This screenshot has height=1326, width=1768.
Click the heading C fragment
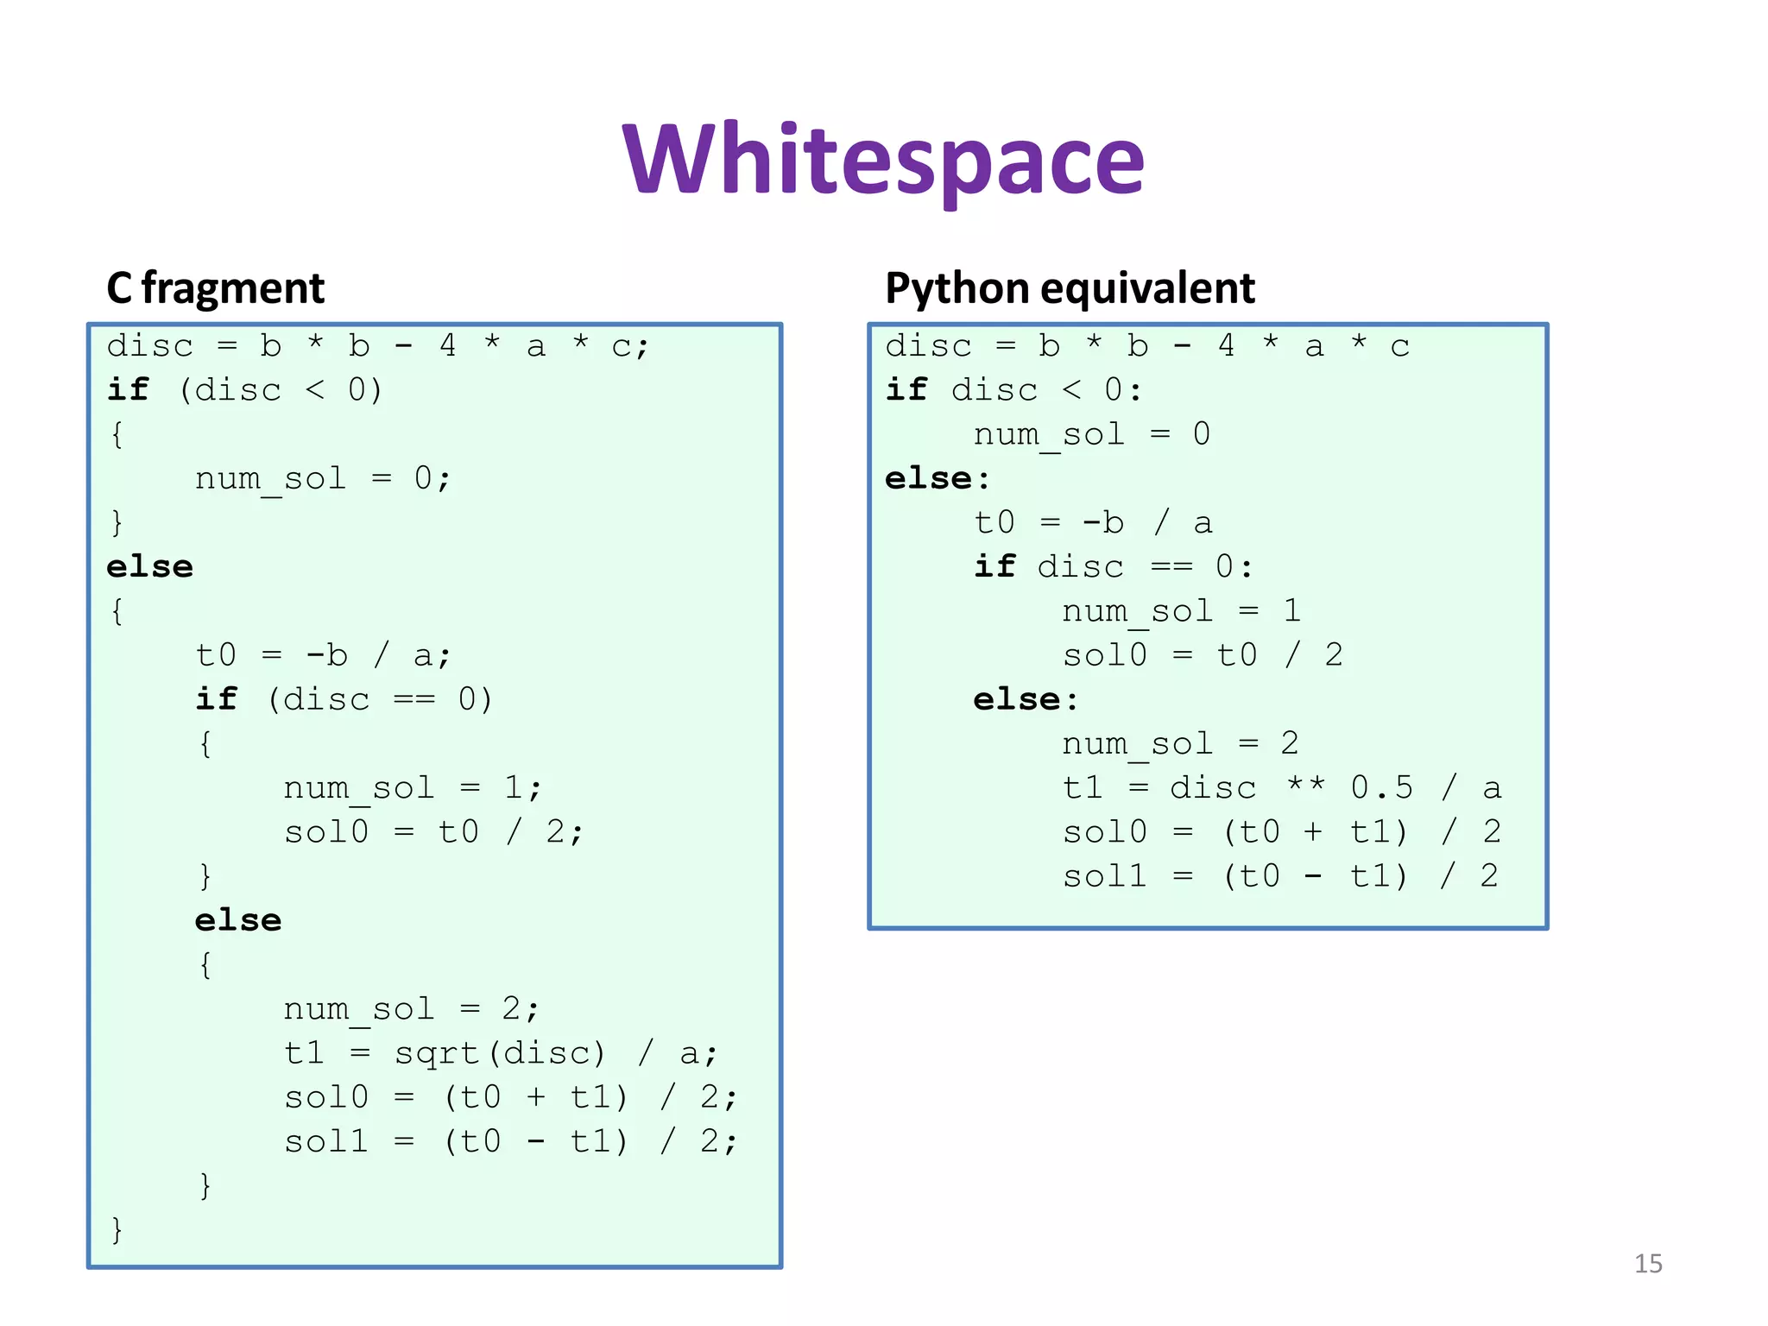click(x=215, y=288)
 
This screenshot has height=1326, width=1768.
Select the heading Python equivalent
click(x=1070, y=288)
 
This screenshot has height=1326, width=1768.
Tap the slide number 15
click(x=1647, y=1264)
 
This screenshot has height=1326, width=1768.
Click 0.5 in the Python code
click(x=1381, y=787)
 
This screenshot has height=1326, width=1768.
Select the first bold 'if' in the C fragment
click(x=128, y=390)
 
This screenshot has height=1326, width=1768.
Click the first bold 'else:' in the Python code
click(x=938, y=478)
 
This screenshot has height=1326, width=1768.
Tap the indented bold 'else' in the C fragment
click(x=238, y=920)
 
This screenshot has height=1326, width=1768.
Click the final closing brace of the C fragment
click(x=117, y=1229)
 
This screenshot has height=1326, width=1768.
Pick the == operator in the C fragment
click(x=414, y=699)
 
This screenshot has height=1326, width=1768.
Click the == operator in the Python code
click(x=1171, y=567)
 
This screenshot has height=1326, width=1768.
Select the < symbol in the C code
click(x=315, y=390)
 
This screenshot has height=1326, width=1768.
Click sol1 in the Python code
click(x=1104, y=876)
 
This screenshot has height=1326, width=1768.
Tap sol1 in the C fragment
click(x=326, y=1141)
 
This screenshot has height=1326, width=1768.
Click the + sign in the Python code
click(x=1313, y=832)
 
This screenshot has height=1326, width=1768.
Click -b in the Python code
click(x=1103, y=523)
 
